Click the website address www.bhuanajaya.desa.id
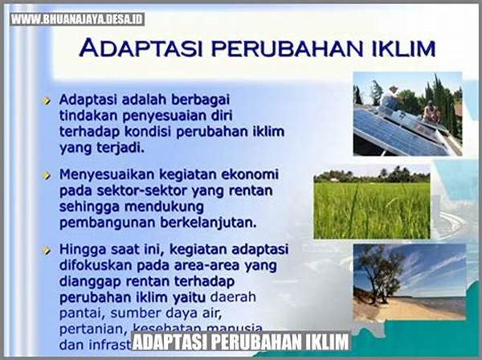pos(77,18)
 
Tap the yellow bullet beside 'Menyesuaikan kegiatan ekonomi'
pos(48,174)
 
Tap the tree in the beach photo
pos(378,273)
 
